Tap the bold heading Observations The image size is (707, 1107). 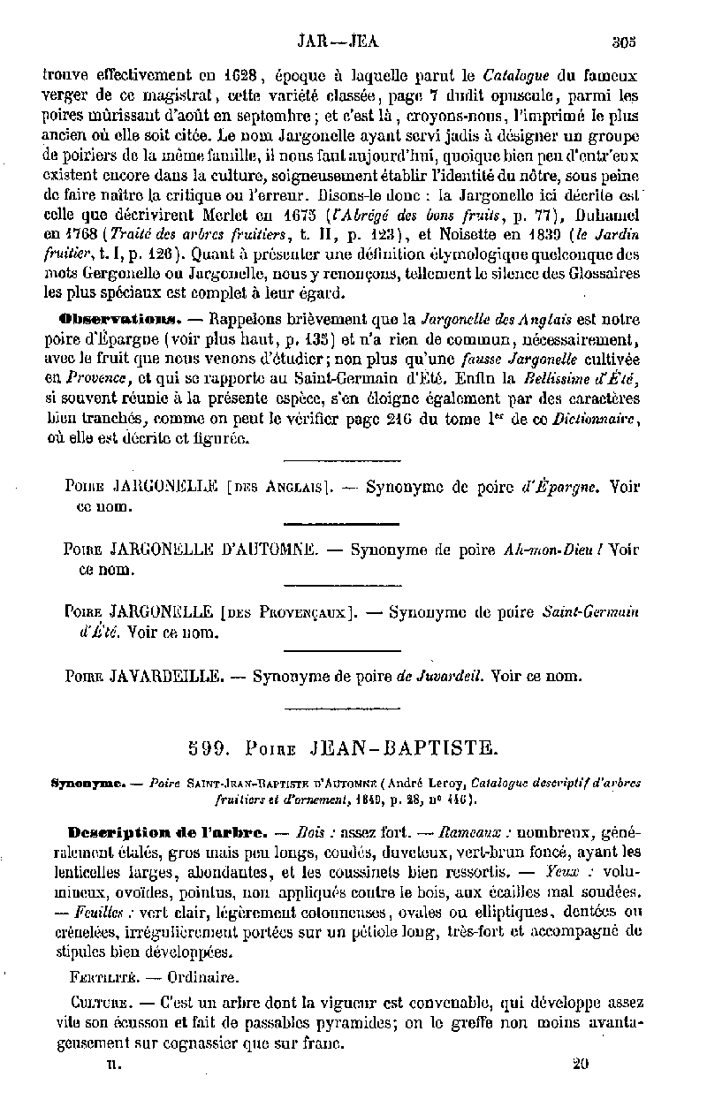pos(118,318)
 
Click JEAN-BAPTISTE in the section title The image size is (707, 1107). pos(406,749)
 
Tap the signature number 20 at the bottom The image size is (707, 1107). pos(581,1064)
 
